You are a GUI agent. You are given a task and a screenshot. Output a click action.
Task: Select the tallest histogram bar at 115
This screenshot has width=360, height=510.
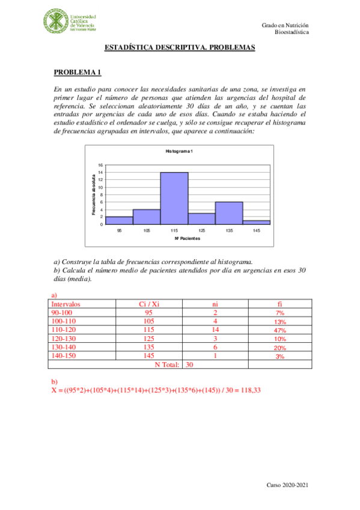(174, 198)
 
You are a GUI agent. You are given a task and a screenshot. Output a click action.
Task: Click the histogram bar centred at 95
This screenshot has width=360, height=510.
(120, 220)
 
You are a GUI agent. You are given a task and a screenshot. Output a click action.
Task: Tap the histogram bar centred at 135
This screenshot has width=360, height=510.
(229, 213)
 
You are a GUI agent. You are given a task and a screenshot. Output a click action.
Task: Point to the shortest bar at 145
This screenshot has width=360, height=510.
(256, 223)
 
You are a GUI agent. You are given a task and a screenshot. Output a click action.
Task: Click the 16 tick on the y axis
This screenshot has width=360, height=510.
(101, 165)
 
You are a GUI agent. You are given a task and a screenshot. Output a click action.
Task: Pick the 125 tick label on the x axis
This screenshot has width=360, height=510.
(202, 230)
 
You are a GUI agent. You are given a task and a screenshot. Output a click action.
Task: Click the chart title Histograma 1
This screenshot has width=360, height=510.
(179, 150)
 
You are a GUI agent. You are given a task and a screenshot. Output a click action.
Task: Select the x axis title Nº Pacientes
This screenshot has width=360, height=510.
(188, 239)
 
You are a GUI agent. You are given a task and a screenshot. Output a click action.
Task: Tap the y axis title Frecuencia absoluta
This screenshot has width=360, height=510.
(94, 195)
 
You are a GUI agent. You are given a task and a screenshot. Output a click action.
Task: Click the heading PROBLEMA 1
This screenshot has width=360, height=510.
(77, 73)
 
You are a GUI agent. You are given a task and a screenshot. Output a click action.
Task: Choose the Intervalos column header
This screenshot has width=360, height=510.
(66, 304)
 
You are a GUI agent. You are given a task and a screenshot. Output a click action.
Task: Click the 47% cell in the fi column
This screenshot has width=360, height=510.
(279, 330)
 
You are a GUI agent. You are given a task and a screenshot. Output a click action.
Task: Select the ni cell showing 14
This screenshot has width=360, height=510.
(215, 330)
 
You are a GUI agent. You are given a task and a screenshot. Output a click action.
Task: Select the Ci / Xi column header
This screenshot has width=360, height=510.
(149, 304)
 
